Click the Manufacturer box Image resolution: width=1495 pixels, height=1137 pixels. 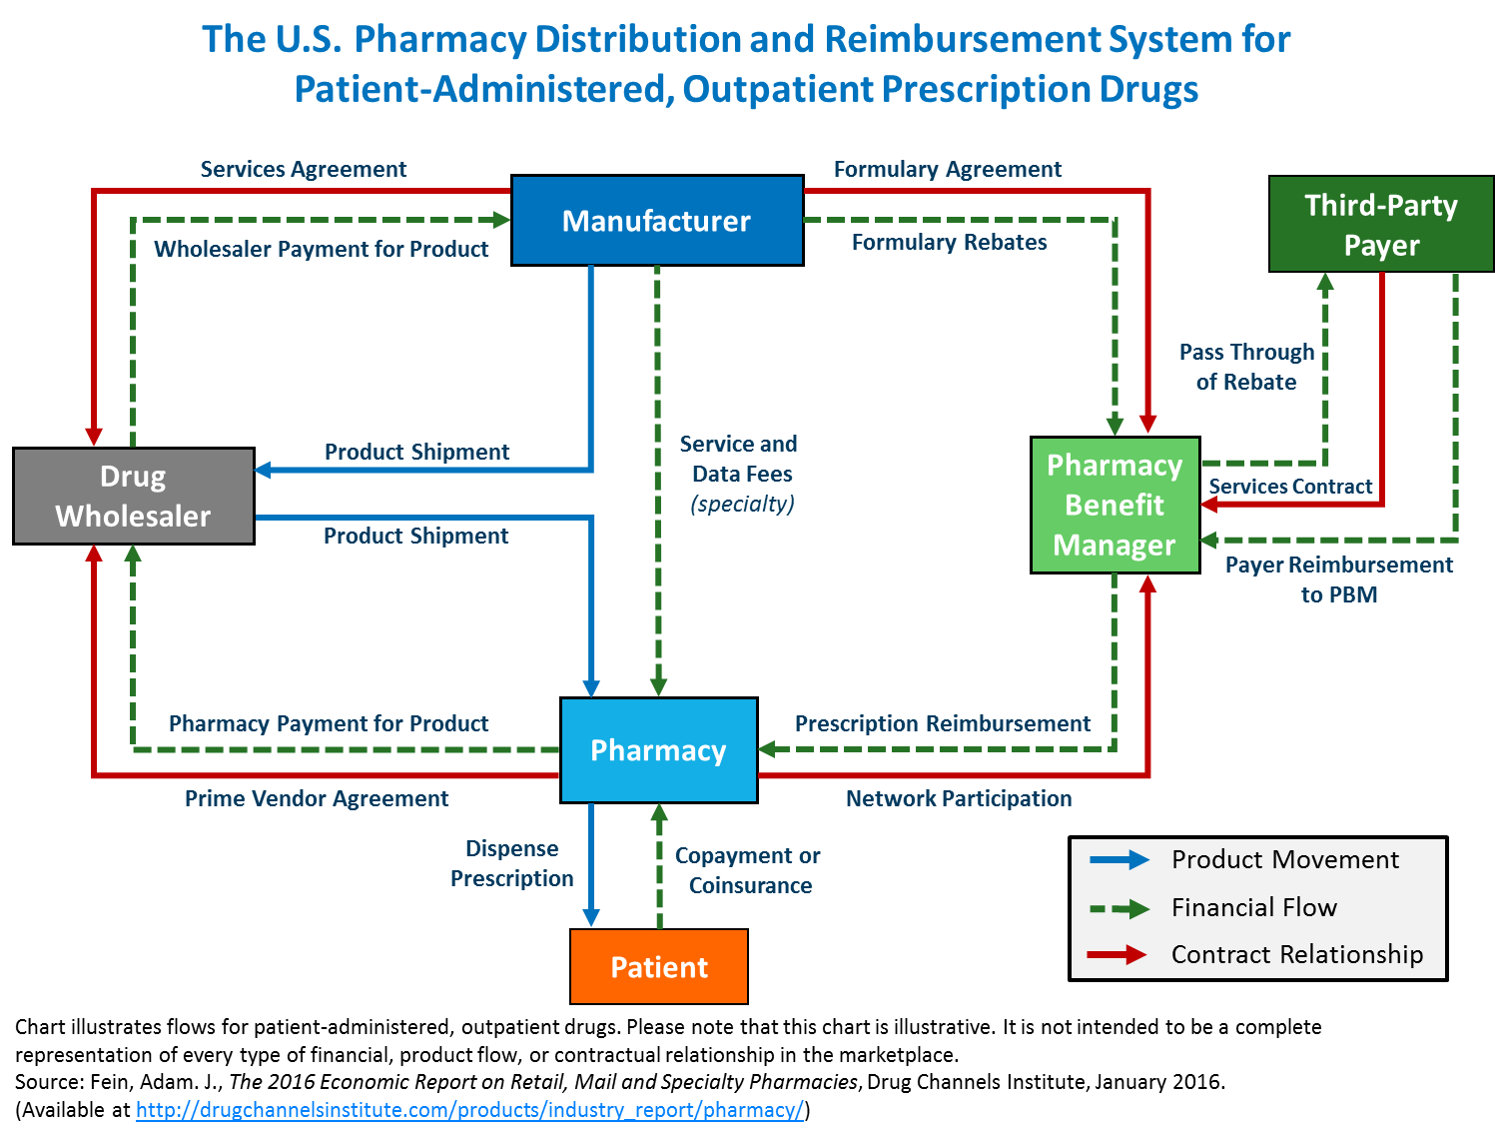click(657, 221)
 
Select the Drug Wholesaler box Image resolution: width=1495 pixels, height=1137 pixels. click(133, 496)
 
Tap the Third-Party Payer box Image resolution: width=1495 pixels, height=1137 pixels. click(1380, 225)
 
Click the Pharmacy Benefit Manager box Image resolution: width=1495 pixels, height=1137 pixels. click(1115, 505)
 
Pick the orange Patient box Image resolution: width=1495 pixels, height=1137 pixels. click(659, 966)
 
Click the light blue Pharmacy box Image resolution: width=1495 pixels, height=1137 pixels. click(658, 750)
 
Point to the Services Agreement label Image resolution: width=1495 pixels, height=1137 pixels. click(303, 169)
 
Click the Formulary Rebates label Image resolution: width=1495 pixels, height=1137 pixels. click(949, 242)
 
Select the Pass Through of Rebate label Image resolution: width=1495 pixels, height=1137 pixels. click(1246, 367)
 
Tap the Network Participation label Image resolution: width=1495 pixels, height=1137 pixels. click(958, 798)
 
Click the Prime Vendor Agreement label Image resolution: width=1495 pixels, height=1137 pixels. click(317, 798)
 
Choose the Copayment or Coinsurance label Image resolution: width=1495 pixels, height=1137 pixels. click(748, 870)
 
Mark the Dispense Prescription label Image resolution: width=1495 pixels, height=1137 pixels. click(512, 863)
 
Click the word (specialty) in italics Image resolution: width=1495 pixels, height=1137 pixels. click(742, 504)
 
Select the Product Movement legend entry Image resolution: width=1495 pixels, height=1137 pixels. click(1284, 859)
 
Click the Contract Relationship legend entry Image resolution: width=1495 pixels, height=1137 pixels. click(1296, 954)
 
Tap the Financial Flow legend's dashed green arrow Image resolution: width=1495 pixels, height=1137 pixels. click(1119, 908)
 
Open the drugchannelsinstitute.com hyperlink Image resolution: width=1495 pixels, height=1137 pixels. click(469, 1110)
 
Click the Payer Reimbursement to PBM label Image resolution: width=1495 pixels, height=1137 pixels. click(1338, 579)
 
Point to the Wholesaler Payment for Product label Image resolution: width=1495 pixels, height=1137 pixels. click(321, 249)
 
